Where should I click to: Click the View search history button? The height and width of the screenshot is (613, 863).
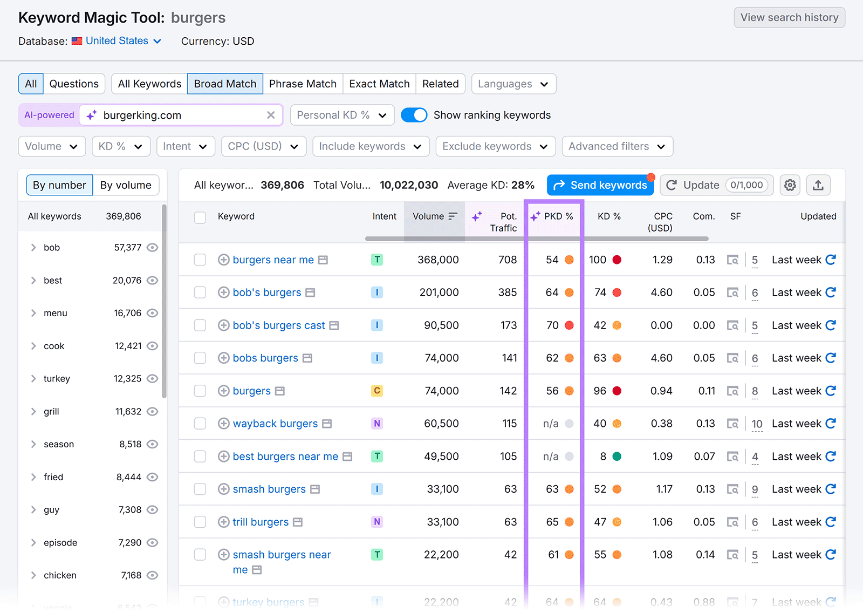pos(789,17)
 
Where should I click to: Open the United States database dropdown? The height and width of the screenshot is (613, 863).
pos(123,41)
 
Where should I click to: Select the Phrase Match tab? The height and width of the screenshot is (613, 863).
pos(303,84)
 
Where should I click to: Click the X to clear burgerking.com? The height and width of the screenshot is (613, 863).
pos(271,115)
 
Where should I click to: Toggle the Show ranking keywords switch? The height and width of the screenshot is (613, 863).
pos(414,115)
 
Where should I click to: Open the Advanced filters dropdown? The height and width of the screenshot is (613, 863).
pos(617,146)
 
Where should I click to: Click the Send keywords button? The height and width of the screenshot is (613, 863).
pos(600,185)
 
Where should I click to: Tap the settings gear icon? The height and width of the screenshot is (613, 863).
pos(790,185)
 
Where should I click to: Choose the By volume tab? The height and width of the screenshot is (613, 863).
pos(126,185)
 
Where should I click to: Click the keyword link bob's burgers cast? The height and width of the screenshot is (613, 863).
pos(279,325)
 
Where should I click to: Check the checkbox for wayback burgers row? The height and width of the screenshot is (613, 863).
pos(200,424)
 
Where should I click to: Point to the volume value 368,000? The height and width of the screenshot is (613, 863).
pos(438,260)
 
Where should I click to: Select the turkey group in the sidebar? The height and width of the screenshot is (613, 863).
pos(57,379)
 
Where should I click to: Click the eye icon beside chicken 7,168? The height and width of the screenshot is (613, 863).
pos(153,575)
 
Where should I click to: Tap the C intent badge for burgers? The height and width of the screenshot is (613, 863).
pos(377,391)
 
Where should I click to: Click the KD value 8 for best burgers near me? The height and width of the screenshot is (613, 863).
pos(603,457)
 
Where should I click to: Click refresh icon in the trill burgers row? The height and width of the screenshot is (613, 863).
pos(831,522)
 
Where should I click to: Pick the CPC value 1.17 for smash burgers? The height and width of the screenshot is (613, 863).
pos(664,489)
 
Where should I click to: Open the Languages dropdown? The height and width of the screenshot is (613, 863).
pos(513,84)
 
